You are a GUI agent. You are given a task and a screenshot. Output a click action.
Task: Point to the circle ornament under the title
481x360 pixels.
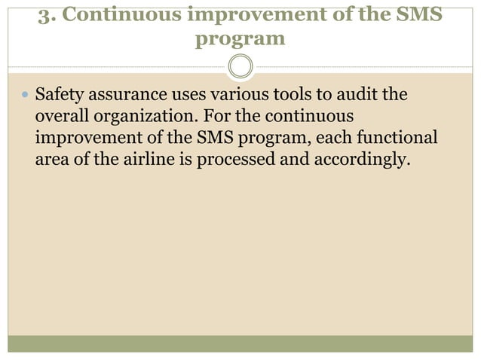tap(240, 66)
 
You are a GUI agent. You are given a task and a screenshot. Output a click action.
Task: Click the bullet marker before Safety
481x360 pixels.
tap(25, 96)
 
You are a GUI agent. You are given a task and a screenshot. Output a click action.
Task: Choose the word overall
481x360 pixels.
tap(59, 119)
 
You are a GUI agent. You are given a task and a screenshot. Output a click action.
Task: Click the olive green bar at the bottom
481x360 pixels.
tap(240, 344)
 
